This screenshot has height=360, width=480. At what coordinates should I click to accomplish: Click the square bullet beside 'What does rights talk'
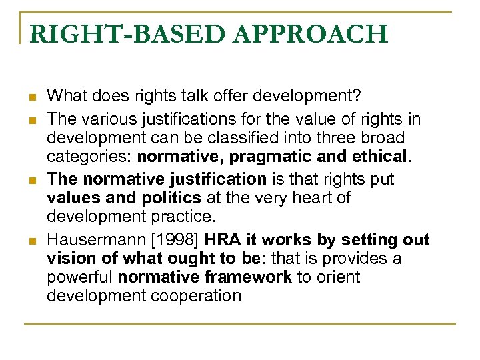[31, 97]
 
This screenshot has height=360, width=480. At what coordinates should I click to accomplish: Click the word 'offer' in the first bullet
[209, 95]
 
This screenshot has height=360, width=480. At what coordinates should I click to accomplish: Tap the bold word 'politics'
[170, 198]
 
